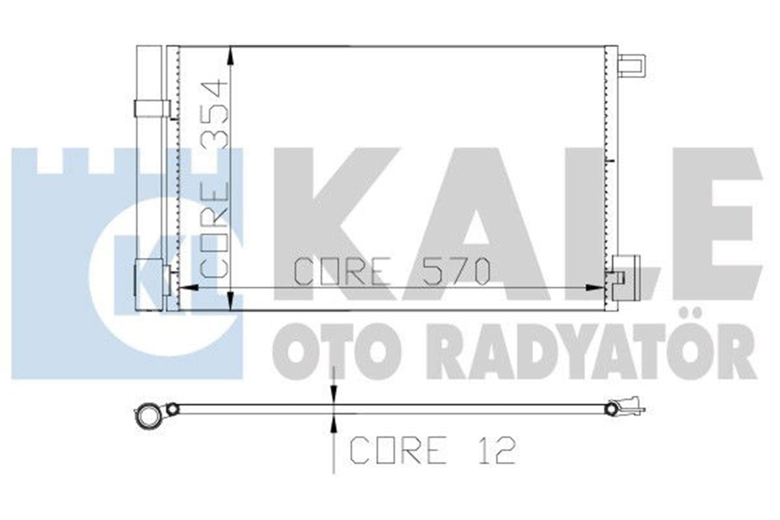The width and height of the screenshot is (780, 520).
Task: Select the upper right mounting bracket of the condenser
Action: (x=631, y=66)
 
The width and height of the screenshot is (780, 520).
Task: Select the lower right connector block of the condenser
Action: (x=624, y=276)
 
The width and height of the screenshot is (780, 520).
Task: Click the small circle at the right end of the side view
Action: (x=611, y=409)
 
